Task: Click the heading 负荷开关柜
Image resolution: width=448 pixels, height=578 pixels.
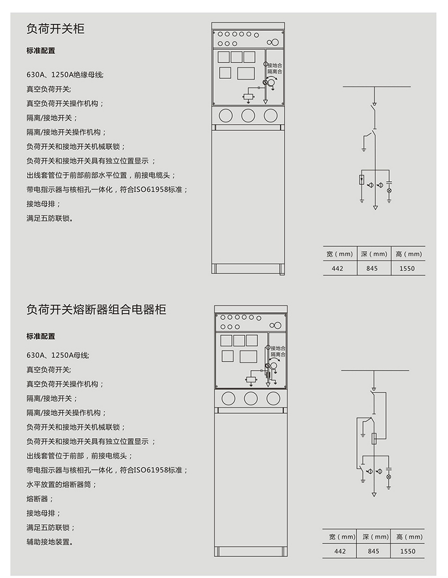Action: [x=55, y=29]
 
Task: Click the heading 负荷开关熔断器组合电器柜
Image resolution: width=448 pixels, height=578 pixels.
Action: [x=96, y=310]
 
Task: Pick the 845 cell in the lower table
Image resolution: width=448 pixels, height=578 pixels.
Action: [x=374, y=551]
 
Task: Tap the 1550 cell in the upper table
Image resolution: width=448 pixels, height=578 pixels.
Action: [x=407, y=268]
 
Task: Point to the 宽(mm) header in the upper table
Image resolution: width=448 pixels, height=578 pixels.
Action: [x=340, y=254]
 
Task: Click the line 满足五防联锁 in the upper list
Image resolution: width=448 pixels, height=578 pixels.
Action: [x=49, y=218]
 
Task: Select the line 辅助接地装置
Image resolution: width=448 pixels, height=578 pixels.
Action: [x=49, y=542]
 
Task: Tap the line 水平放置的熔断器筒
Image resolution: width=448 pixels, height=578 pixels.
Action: [x=61, y=484]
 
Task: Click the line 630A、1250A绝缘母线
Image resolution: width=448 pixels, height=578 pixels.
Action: [x=65, y=75]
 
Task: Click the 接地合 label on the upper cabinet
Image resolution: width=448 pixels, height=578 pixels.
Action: [x=275, y=65]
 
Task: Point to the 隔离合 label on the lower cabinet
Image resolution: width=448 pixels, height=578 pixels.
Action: [x=278, y=354]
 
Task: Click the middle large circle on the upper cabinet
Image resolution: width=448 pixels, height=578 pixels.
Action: [x=248, y=115]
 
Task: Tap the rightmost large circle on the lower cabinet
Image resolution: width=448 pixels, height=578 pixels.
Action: [x=273, y=399]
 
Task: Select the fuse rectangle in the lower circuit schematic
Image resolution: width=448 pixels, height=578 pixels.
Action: [x=374, y=438]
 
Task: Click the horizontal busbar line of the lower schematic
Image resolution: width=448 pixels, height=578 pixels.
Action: [x=375, y=371]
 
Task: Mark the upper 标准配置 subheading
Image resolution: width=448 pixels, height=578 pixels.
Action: [x=41, y=51]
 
